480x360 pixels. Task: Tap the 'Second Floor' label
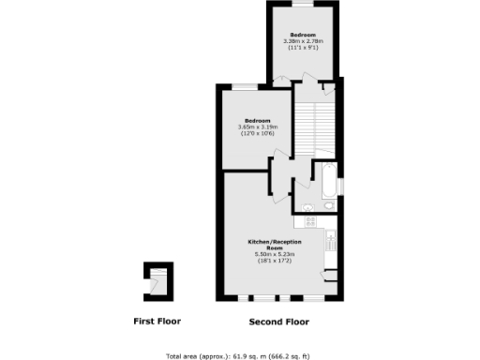tap(278, 322)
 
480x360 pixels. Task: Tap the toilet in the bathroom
tap(328, 205)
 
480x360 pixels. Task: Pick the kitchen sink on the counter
tap(330, 241)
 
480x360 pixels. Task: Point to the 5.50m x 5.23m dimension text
tap(275, 254)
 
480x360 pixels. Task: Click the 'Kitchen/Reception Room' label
tap(275, 244)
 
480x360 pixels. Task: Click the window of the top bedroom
tap(303, 5)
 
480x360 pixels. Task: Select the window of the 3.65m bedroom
tap(246, 86)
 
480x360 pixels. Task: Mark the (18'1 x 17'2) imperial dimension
tap(275, 261)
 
